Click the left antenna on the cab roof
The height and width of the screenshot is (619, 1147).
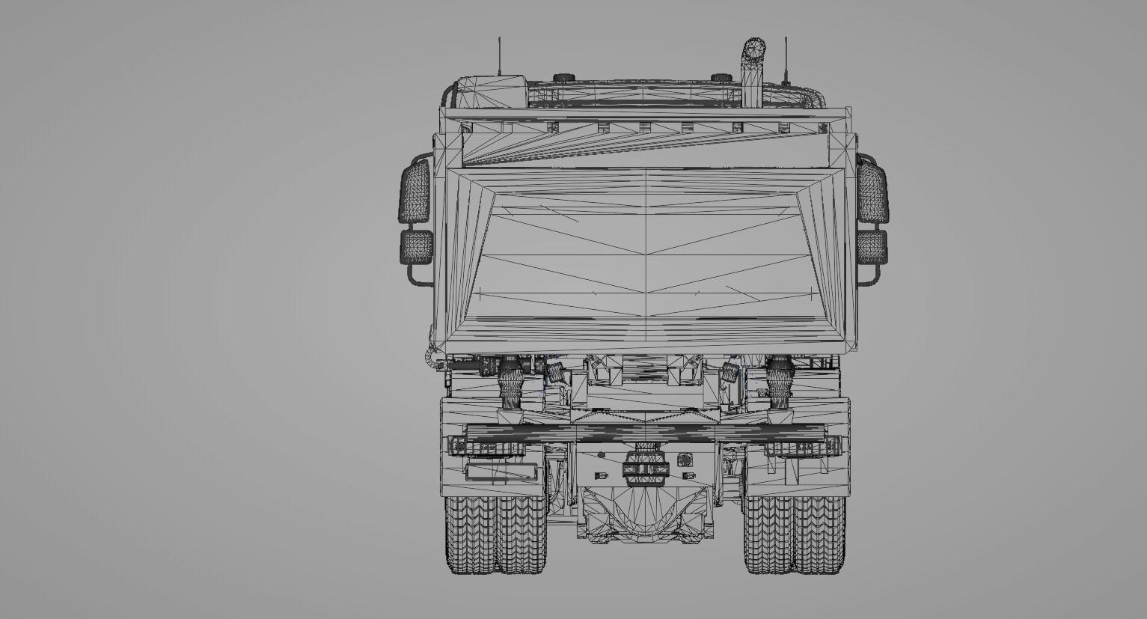click(x=499, y=56)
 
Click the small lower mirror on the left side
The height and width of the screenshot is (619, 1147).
click(x=417, y=247)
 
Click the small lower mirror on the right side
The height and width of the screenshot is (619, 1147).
click(x=872, y=247)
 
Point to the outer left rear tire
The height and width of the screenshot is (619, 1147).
click(x=469, y=534)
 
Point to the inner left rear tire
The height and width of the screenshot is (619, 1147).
click(x=521, y=534)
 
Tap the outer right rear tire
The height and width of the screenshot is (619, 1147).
click(x=820, y=534)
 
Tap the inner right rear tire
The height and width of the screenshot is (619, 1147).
click(x=768, y=534)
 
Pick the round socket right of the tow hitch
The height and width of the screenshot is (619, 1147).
click(x=682, y=460)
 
